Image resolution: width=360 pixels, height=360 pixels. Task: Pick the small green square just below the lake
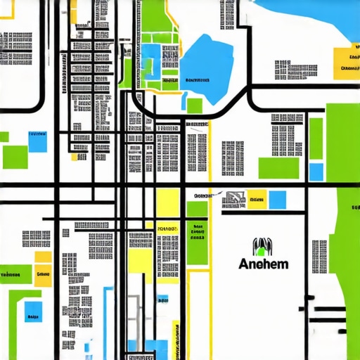click(x=194, y=105)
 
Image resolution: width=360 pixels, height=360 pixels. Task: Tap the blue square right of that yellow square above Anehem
click(x=278, y=200)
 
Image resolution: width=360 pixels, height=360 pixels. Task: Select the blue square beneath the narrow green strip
click(x=316, y=172)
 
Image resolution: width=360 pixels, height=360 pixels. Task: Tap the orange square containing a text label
click(x=43, y=273)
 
